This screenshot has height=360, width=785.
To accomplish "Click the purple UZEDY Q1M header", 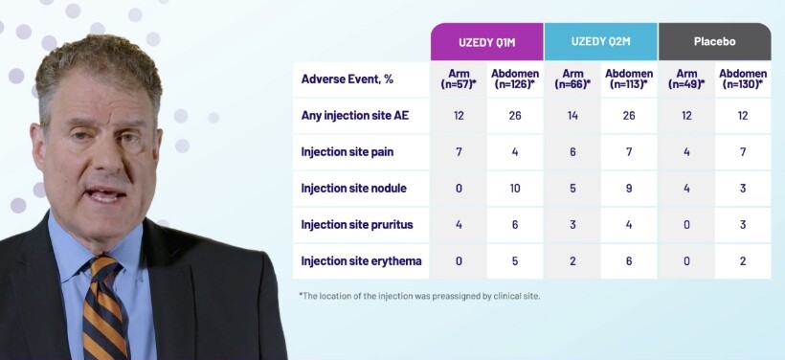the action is point(486,41).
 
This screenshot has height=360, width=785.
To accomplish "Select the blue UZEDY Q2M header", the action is point(601,41).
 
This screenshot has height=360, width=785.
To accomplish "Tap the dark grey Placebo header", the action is point(714,41).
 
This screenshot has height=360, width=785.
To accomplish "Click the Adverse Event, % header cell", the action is point(347,79).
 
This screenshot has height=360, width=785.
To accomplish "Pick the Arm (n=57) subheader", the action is point(460,79).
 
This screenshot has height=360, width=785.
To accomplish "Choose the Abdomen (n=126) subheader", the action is point(515,79).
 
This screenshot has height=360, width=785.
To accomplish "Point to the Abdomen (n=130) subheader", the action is point(743,79).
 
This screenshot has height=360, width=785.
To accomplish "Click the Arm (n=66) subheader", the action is point(572,79).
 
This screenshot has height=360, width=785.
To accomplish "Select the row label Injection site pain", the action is point(348,151).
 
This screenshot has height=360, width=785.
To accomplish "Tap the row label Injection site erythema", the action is point(362,260).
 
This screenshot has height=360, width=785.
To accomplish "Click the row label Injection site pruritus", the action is point(357,224).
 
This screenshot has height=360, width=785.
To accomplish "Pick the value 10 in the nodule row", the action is point(515,189).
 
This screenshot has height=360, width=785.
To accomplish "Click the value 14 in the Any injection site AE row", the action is point(572,116).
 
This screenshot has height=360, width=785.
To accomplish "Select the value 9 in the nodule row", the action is point(629,189).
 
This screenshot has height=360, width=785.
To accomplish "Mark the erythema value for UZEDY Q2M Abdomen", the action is point(629,260).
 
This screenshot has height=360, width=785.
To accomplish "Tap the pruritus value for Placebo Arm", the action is point(686,224).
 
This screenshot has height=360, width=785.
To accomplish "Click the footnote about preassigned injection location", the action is point(419,296).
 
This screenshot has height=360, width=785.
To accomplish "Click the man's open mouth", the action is point(105,194).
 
